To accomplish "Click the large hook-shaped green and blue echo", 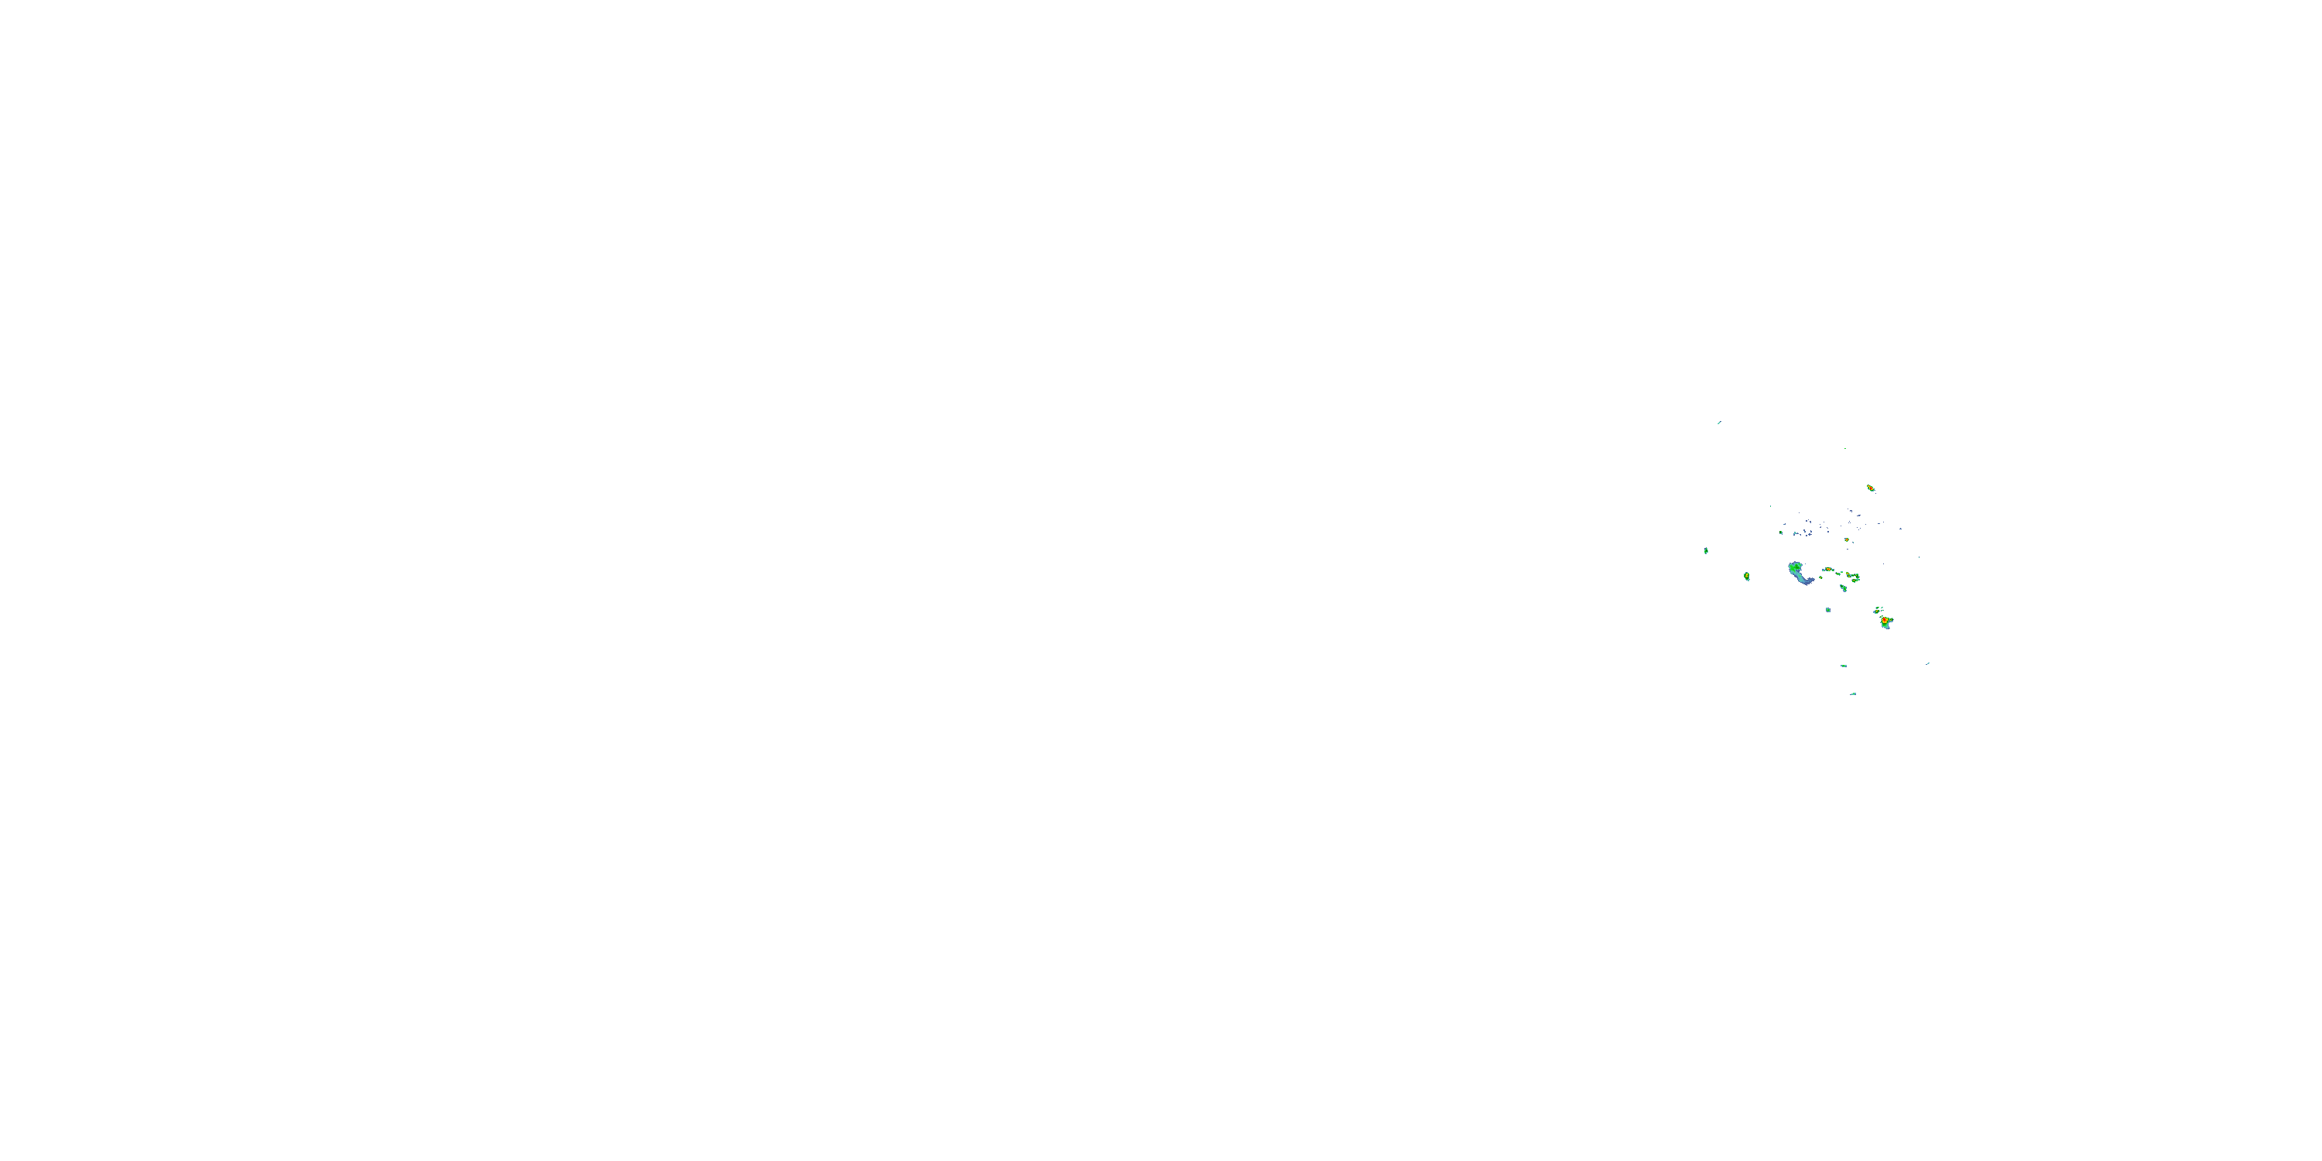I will pyautogui.click(x=1800, y=574).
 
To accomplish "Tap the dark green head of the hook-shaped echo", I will pyautogui.click(x=1795, y=568).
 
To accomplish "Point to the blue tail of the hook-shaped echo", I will pyautogui.click(x=1807, y=580).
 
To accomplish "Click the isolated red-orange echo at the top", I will pyautogui.click(x=1871, y=488).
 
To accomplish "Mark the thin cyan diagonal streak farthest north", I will pyautogui.click(x=1719, y=422).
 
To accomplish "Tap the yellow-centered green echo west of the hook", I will pyautogui.click(x=1747, y=576).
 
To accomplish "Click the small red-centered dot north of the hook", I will pyautogui.click(x=1846, y=540).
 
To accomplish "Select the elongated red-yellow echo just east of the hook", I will pyautogui.click(x=1829, y=570).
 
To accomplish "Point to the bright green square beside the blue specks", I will pyautogui.click(x=1782, y=533).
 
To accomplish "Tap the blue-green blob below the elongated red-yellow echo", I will pyautogui.click(x=1844, y=587).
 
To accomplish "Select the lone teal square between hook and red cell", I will pyautogui.click(x=1828, y=610).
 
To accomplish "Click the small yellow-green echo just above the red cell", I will pyautogui.click(x=1878, y=610).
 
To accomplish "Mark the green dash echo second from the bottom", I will pyautogui.click(x=1844, y=666).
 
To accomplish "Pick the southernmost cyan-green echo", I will pyautogui.click(x=1853, y=694).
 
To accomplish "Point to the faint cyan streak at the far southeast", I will pyautogui.click(x=1928, y=663).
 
